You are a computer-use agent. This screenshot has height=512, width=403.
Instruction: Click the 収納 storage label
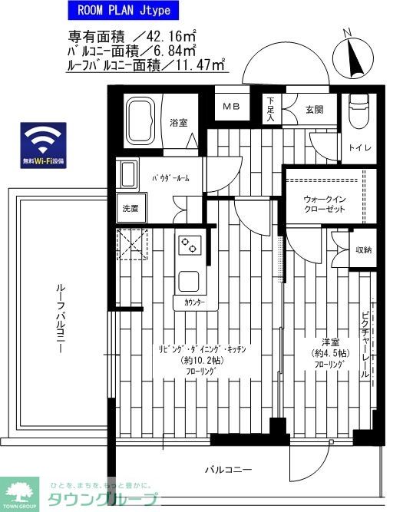coord(362,249)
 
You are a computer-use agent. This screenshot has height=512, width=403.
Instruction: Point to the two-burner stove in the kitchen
coord(189,246)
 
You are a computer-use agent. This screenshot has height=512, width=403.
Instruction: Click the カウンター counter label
coord(194,303)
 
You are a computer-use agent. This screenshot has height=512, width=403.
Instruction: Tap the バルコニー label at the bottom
coord(229,469)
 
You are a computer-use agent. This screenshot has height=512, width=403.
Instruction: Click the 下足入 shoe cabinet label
coord(272,111)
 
